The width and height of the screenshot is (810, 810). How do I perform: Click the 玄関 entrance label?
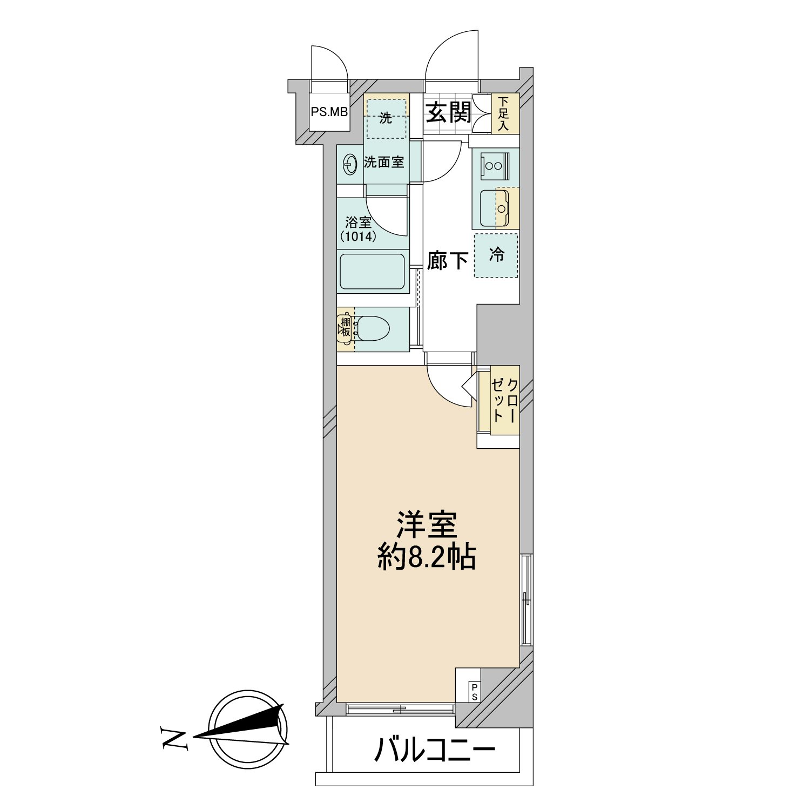448,112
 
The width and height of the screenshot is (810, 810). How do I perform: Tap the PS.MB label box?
329,112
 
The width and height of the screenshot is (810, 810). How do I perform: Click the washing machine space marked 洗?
386,118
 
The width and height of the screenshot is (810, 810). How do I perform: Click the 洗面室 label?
384,162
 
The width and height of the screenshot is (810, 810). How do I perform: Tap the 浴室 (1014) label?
358,229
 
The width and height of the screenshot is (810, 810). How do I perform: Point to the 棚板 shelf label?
345,327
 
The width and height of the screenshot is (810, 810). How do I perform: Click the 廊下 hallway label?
447,261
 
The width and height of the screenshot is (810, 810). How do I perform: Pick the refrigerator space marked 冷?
496,255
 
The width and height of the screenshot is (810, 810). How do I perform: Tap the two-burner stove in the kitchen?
495,164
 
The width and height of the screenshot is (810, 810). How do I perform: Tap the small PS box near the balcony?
474,692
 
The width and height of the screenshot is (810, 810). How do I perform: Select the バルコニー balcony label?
435,750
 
